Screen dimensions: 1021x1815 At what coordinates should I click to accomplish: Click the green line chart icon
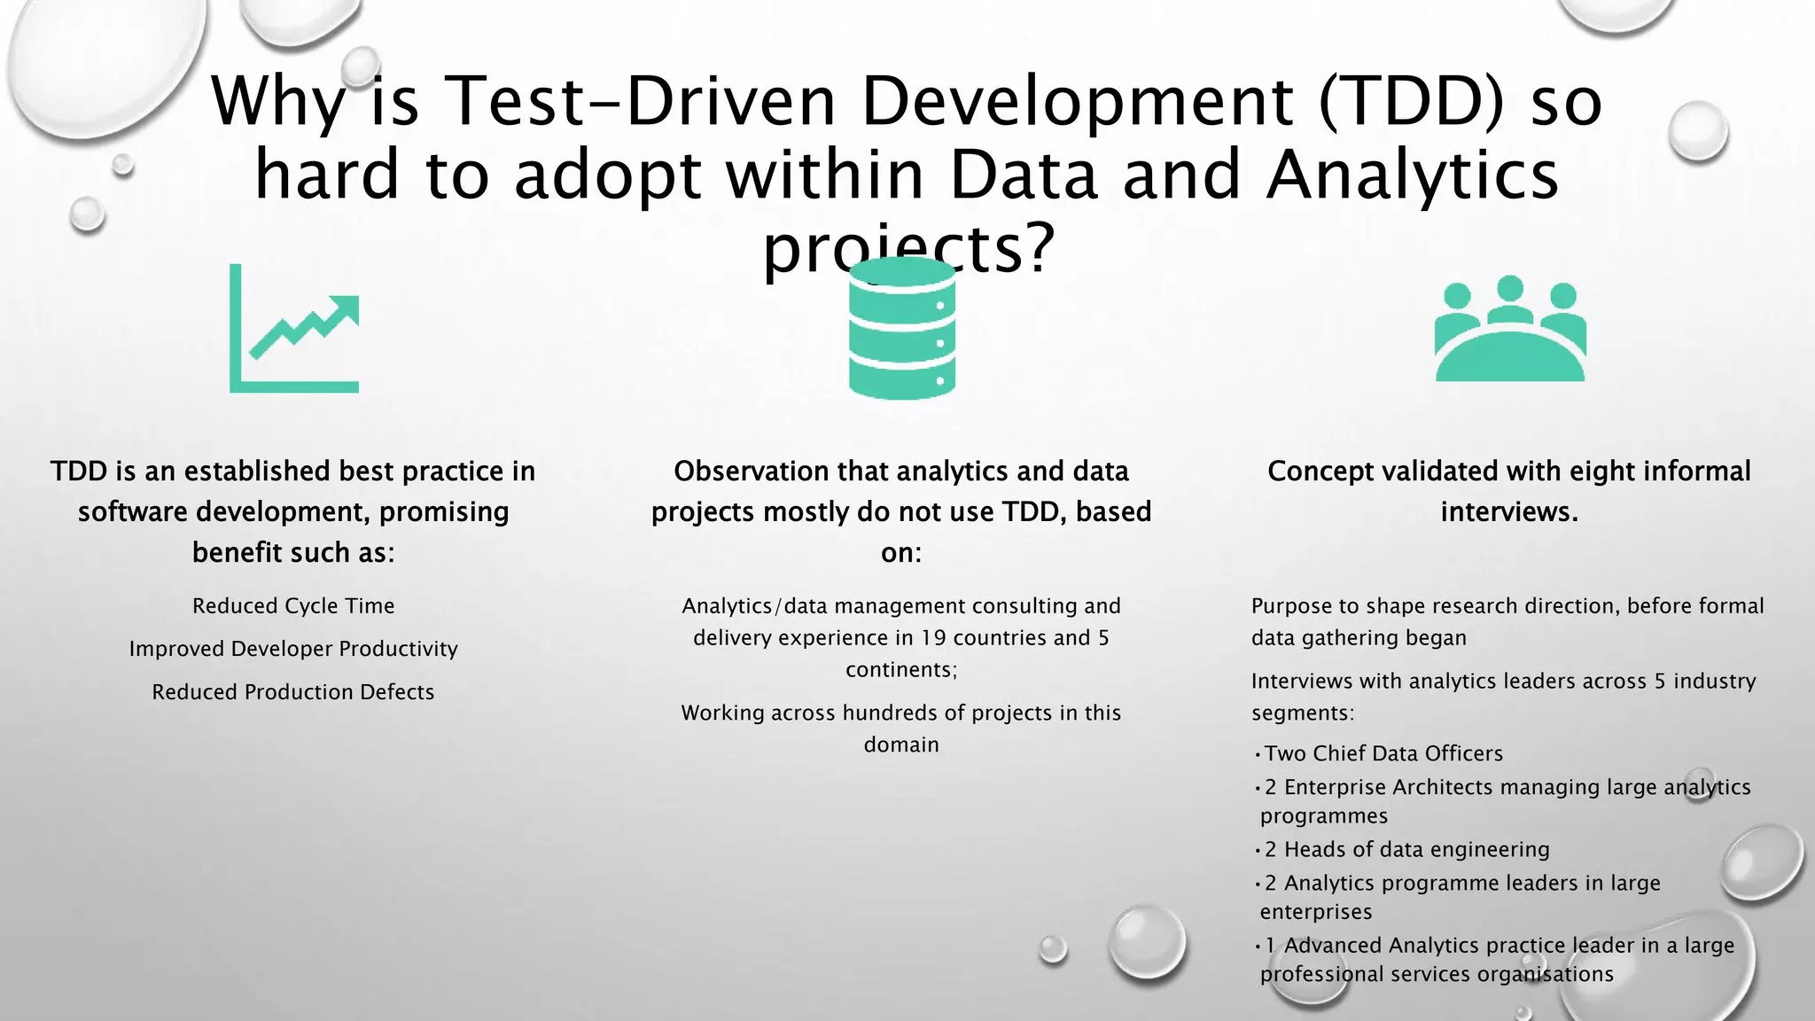tap(293, 329)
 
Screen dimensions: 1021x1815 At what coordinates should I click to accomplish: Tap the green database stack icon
tap(901, 329)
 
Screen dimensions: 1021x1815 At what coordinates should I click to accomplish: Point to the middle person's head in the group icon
tap(1509, 289)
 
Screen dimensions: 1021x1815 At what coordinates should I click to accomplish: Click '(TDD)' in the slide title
tap(1411, 101)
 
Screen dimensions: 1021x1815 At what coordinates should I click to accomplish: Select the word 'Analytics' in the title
tap(1412, 175)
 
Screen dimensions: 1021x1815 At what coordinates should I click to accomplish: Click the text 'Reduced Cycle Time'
tap(293, 606)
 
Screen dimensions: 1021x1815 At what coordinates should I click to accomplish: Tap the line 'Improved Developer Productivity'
tap(293, 649)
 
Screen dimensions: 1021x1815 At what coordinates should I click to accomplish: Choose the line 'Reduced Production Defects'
tap(293, 692)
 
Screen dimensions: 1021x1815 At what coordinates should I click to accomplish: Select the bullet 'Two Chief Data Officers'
tap(1383, 754)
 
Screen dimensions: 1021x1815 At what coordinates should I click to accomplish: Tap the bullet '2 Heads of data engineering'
tap(1406, 850)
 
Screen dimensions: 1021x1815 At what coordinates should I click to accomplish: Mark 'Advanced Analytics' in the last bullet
tap(1365, 946)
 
